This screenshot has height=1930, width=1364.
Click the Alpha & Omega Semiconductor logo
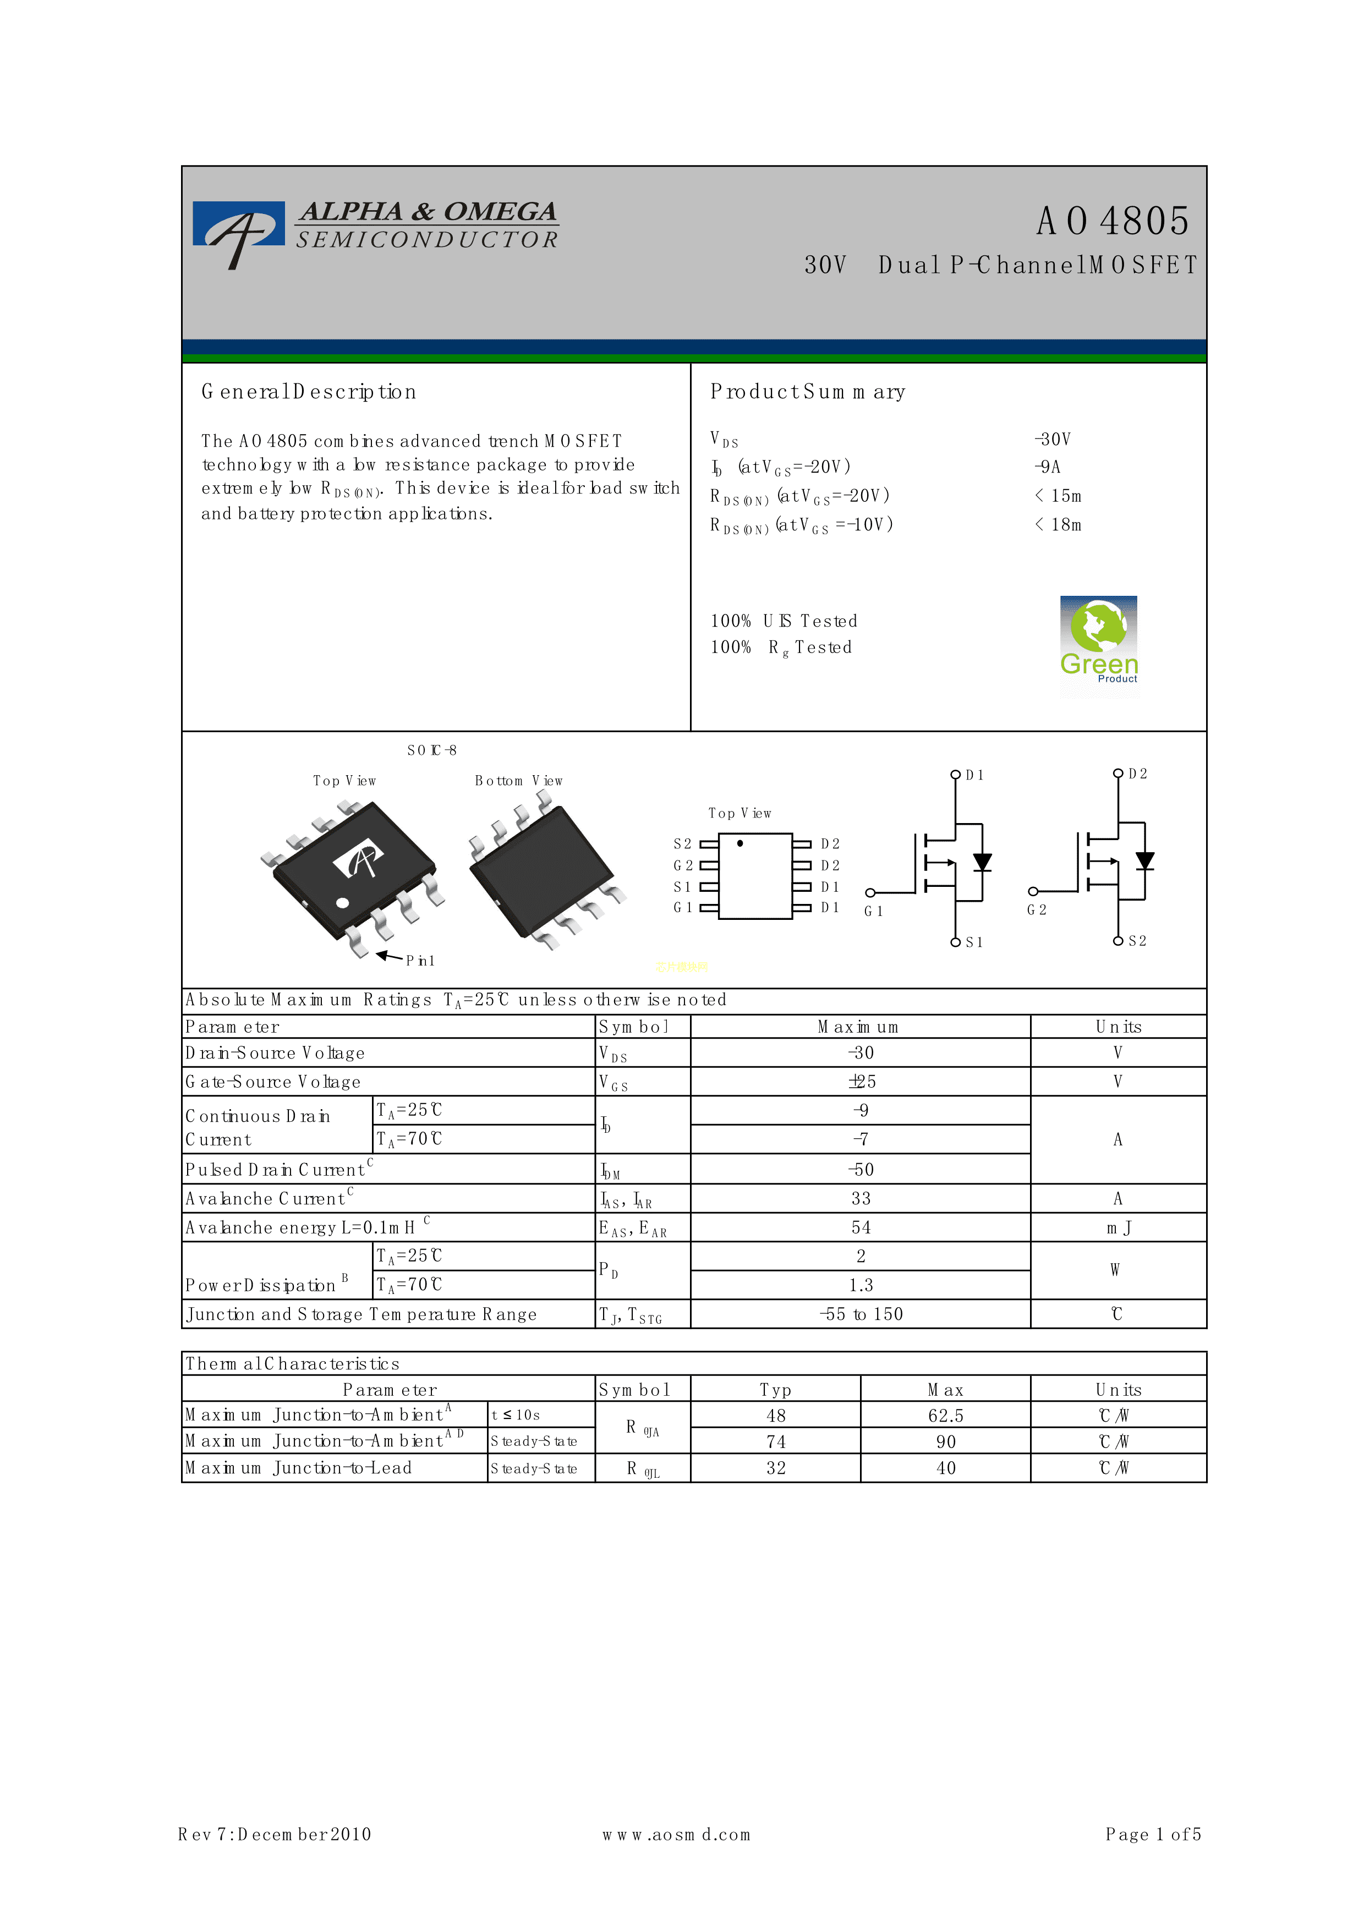[376, 229]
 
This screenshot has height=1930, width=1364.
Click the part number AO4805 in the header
[1112, 221]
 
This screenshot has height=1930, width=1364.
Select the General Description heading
[309, 392]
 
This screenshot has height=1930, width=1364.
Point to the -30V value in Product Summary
[1052, 440]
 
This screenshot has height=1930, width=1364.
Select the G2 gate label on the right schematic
[1036, 909]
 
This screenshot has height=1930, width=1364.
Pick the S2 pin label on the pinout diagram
[682, 843]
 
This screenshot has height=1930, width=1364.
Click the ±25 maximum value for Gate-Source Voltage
[862, 1082]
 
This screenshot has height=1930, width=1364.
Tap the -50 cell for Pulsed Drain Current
[862, 1169]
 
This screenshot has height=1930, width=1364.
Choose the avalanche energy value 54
[862, 1227]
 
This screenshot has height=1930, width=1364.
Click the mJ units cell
[1118, 1227]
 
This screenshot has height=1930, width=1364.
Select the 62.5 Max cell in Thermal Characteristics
[945, 1416]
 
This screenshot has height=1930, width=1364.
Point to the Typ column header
[775, 1390]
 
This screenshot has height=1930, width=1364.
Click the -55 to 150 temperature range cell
[862, 1314]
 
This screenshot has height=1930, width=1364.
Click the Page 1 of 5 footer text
[1153, 1834]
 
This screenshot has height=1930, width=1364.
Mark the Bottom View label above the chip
[518, 781]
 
